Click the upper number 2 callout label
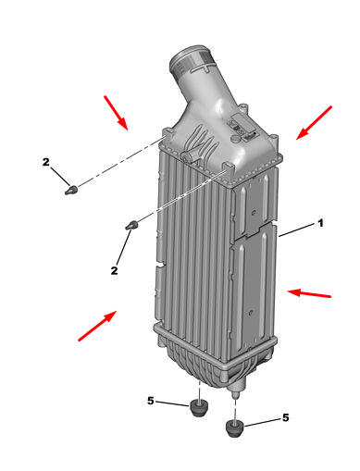coord(45,162)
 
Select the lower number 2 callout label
coord(114,270)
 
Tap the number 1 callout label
coord(320,223)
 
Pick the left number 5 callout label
coord(151,401)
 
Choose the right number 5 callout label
coord(286,417)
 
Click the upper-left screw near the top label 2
coord(71,190)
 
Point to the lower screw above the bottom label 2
coord(131,225)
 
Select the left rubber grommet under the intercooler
coord(199,408)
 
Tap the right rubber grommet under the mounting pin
coord(235,428)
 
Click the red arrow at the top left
coord(116,113)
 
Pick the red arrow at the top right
coord(314,123)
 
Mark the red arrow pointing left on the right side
coord(309,293)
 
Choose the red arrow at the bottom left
coord(97,326)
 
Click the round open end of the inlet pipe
coord(189,60)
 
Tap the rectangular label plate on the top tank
coord(242,123)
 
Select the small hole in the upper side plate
coord(254,213)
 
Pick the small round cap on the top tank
coord(236,139)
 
